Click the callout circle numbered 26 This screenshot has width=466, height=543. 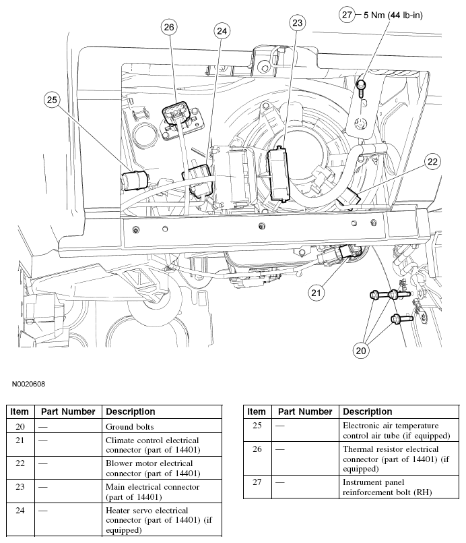click(169, 27)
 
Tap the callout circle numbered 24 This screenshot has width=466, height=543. click(222, 30)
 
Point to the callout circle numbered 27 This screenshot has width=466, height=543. click(347, 14)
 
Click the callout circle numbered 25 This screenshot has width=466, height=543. click(53, 100)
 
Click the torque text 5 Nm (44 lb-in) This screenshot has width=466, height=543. click(393, 14)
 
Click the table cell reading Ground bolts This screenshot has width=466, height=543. click(130, 426)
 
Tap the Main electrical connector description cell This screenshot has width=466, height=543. click(153, 492)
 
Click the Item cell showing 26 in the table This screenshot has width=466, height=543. click(256, 449)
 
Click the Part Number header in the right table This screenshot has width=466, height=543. click(305, 411)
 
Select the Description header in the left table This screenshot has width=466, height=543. click(131, 411)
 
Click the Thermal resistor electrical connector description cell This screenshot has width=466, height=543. click(391, 459)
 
